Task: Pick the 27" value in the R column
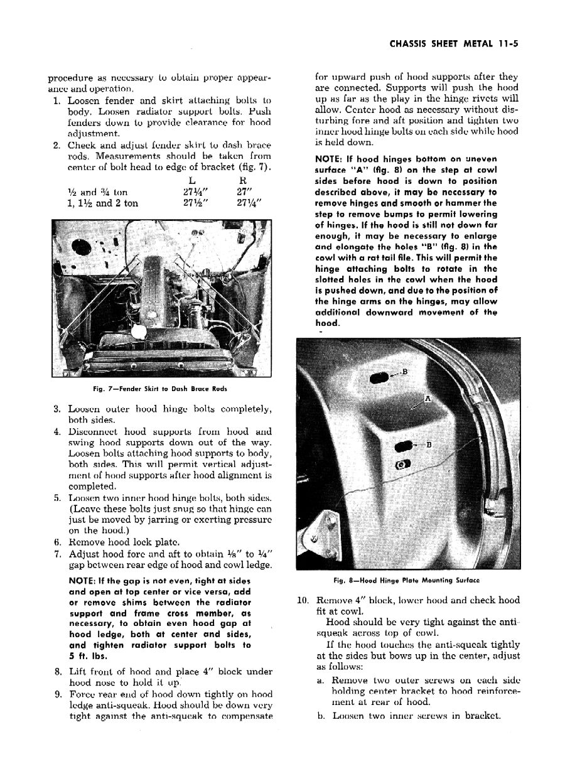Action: [x=234, y=192]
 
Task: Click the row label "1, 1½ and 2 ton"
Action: [x=102, y=203]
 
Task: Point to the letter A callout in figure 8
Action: [x=428, y=398]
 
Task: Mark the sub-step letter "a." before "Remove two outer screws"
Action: [x=320, y=681]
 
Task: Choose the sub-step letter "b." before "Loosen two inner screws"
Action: [x=320, y=715]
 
